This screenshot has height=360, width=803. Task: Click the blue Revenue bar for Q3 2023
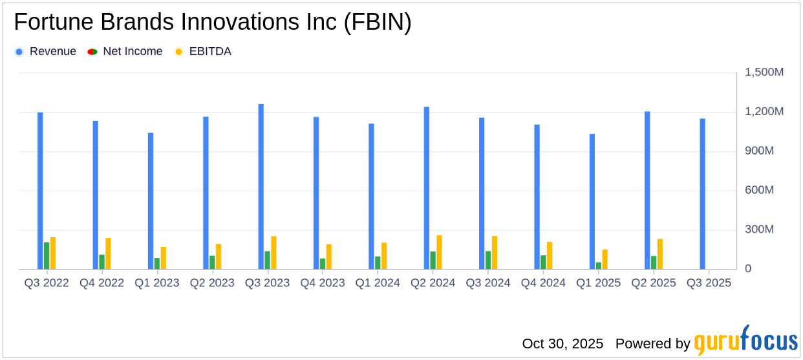(x=261, y=187)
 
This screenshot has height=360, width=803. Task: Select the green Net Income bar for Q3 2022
(x=47, y=256)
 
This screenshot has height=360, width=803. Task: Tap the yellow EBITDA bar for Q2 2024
(x=440, y=252)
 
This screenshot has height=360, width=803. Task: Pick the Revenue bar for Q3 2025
(x=702, y=194)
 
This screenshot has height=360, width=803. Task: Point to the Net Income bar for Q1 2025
(x=599, y=266)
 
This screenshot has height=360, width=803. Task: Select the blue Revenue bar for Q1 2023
(x=151, y=201)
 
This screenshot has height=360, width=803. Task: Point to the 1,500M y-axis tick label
(x=764, y=72)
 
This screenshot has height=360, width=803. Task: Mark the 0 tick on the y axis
(x=748, y=269)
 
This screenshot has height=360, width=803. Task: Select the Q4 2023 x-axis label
(x=323, y=283)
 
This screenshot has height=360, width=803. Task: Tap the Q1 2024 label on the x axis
(x=378, y=283)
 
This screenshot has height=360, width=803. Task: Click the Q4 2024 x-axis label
(x=543, y=283)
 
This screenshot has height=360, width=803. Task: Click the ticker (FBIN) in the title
(x=378, y=23)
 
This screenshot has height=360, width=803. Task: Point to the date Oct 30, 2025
(x=562, y=343)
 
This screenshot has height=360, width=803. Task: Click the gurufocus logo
(x=745, y=340)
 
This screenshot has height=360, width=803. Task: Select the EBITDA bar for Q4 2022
(x=108, y=253)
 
